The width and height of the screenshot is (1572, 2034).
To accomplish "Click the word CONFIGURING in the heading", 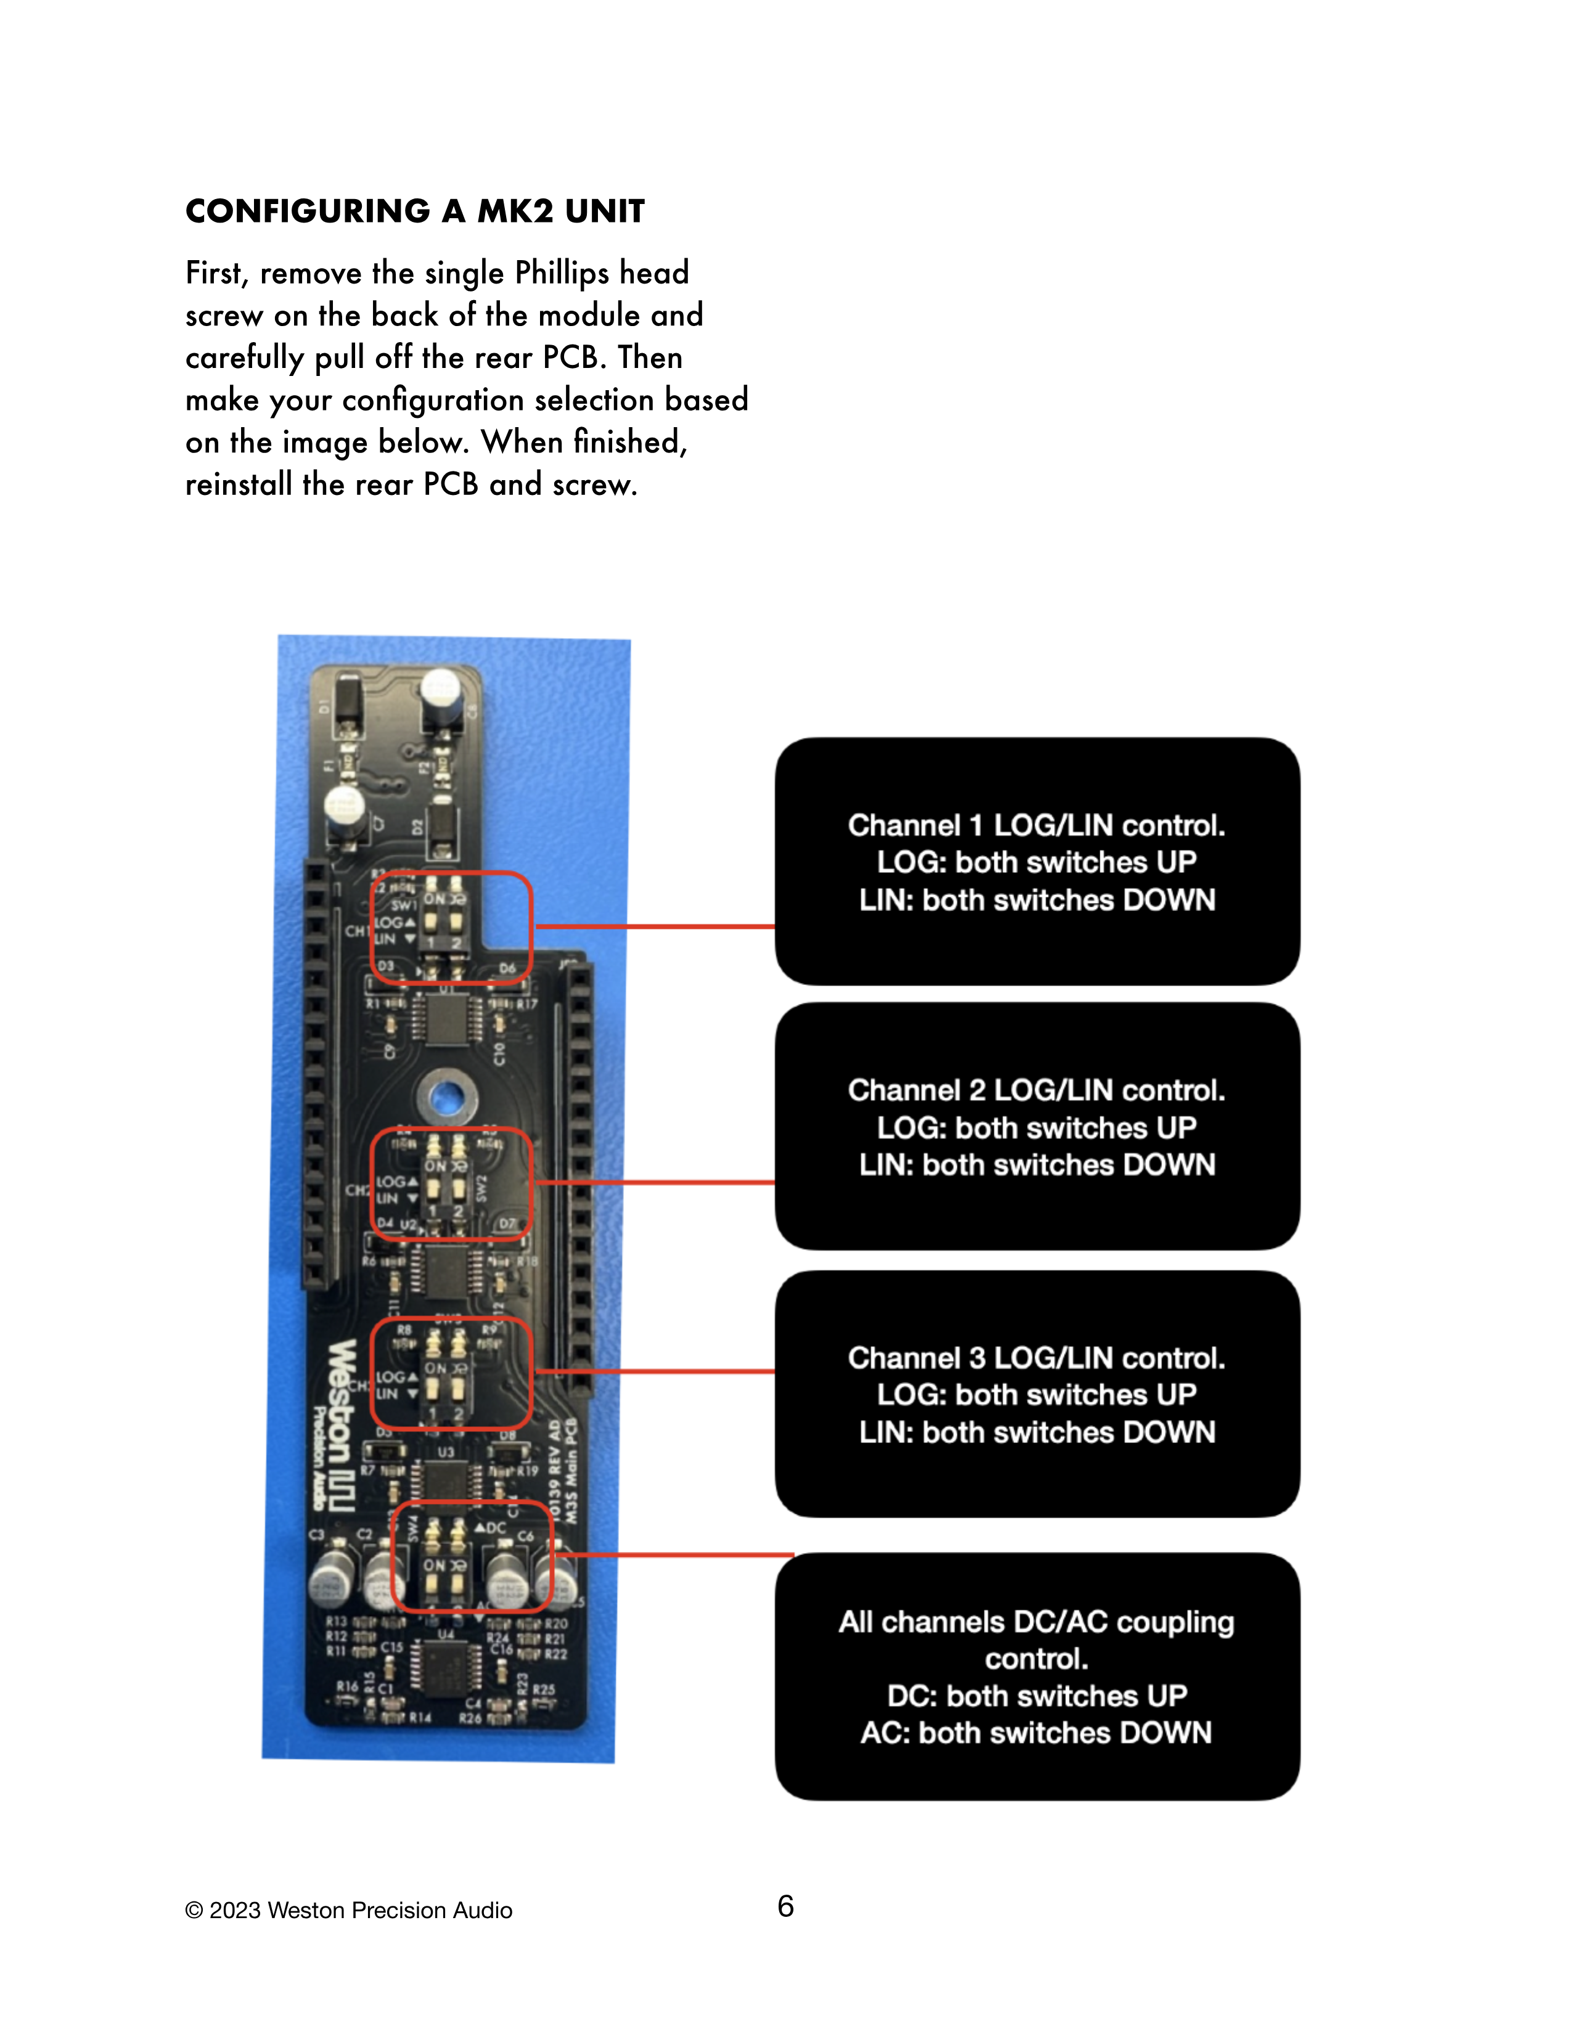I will pyautogui.click(x=308, y=211).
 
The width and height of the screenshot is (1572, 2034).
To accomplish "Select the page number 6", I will pyautogui.click(x=785, y=1906).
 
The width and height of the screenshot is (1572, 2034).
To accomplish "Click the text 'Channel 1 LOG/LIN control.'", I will pyautogui.click(x=1036, y=825).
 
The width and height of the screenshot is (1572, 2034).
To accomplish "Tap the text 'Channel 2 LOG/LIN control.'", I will pyautogui.click(x=1036, y=1090).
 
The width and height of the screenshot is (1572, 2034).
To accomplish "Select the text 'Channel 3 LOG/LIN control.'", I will pyautogui.click(x=1036, y=1358).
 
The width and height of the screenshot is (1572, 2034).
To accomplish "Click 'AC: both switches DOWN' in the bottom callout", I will pyautogui.click(x=1036, y=1732).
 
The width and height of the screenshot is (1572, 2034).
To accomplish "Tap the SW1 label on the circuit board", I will pyautogui.click(x=403, y=904).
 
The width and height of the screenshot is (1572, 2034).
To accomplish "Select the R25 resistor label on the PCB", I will pyautogui.click(x=544, y=1688).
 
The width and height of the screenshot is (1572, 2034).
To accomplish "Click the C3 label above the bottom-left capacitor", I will pyautogui.click(x=317, y=1534).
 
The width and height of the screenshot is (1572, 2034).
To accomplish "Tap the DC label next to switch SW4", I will pyautogui.click(x=494, y=1529).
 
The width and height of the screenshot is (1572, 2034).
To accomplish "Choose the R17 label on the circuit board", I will pyautogui.click(x=527, y=1005).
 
